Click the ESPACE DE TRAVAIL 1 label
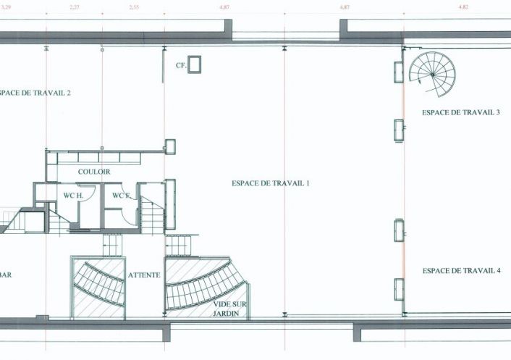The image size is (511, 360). (x=271, y=183)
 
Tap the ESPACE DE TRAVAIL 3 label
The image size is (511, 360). (x=461, y=112)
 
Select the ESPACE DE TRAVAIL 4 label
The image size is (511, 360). (x=462, y=271)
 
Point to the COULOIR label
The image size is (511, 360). (x=94, y=172)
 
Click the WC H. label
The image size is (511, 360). (x=73, y=196)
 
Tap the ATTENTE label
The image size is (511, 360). (x=144, y=275)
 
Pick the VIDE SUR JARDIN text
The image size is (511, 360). (x=229, y=309)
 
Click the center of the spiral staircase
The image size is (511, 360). (x=432, y=75)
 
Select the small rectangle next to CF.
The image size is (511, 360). (x=195, y=64)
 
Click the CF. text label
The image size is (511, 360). (x=181, y=65)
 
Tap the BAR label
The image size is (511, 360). (x=6, y=275)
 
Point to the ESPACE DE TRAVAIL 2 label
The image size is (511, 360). (x=34, y=93)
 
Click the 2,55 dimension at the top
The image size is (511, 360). (x=134, y=7)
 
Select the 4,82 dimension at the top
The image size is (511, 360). (x=463, y=7)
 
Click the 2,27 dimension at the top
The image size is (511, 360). (x=75, y=7)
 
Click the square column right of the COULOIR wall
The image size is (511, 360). (x=170, y=147)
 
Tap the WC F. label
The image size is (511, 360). (x=122, y=196)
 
